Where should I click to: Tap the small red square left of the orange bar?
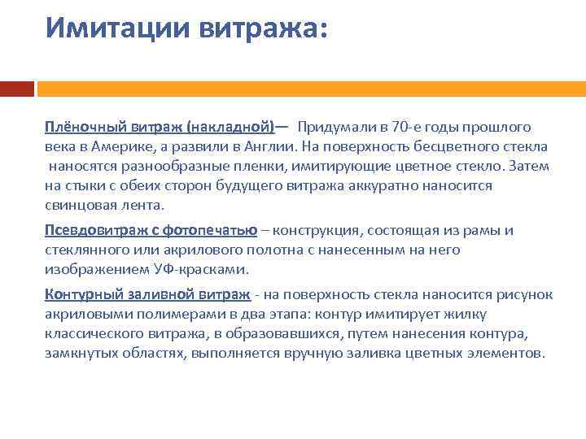coord(16,88)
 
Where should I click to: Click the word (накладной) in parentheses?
coord(230,127)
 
